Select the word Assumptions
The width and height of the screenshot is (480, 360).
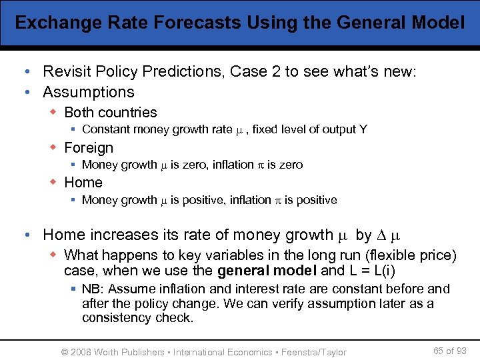tap(89, 92)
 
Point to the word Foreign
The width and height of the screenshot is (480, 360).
tap(89, 147)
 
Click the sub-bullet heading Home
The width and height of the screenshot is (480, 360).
tap(83, 182)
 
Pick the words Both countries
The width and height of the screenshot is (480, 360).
tap(111, 113)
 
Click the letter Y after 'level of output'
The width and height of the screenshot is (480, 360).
tap(363, 129)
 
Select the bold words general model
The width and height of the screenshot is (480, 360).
tap(267, 271)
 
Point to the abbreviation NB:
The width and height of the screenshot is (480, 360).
tap(94, 289)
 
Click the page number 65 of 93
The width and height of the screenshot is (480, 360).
tap(450, 351)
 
